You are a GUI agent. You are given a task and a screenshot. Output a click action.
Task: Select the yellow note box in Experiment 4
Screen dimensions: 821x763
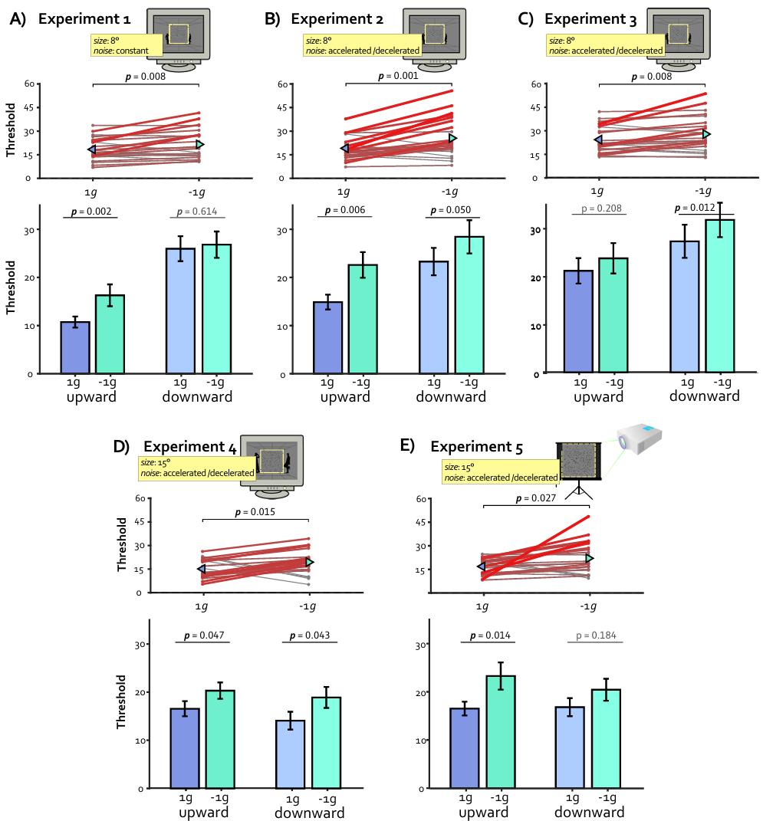click(x=197, y=468)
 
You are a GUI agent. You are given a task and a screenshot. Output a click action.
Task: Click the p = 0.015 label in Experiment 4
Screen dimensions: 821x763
click(x=255, y=512)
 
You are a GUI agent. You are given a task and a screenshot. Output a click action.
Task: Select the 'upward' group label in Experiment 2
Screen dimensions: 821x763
click(x=344, y=397)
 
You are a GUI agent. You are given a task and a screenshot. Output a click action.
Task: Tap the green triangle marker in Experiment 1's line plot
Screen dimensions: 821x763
click(x=200, y=144)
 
